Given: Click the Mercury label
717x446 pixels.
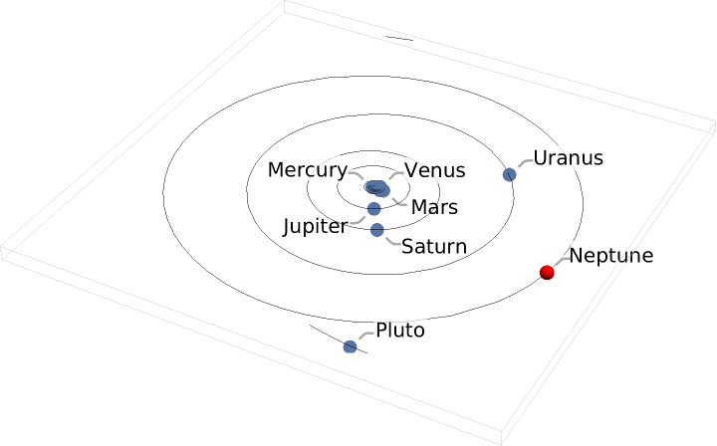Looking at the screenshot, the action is click(x=308, y=170).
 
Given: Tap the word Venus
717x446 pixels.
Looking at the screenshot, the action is click(x=435, y=170).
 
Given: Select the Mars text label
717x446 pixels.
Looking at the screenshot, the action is click(x=434, y=207).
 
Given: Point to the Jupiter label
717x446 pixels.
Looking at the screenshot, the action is click(x=316, y=227).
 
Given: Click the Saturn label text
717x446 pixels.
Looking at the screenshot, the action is click(x=434, y=247).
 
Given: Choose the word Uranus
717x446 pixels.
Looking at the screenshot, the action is click(x=568, y=158).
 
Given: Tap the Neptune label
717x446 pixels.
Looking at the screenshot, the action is click(x=610, y=256).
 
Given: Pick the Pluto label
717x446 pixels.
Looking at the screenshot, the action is click(x=400, y=331).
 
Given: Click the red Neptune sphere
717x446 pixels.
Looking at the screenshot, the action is click(x=547, y=273).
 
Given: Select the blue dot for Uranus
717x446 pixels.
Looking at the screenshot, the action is click(x=510, y=174).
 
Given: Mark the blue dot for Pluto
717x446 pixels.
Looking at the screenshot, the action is click(x=350, y=346).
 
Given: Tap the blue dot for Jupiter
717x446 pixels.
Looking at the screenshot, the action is click(x=374, y=209).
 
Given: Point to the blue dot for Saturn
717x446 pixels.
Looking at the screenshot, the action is click(x=376, y=230).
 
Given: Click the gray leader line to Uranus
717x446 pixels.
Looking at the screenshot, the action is click(x=526, y=163).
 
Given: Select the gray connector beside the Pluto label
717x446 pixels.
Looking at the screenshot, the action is click(x=366, y=335).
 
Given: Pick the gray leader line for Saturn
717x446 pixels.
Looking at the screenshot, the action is click(x=393, y=242).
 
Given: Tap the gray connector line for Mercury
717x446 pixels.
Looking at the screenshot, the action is click(x=357, y=175).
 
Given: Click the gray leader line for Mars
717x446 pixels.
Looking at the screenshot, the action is click(x=399, y=202).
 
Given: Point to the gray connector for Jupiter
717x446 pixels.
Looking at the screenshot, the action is click(x=357, y=220).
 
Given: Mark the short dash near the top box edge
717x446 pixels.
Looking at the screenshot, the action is click(x=399, y=39).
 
